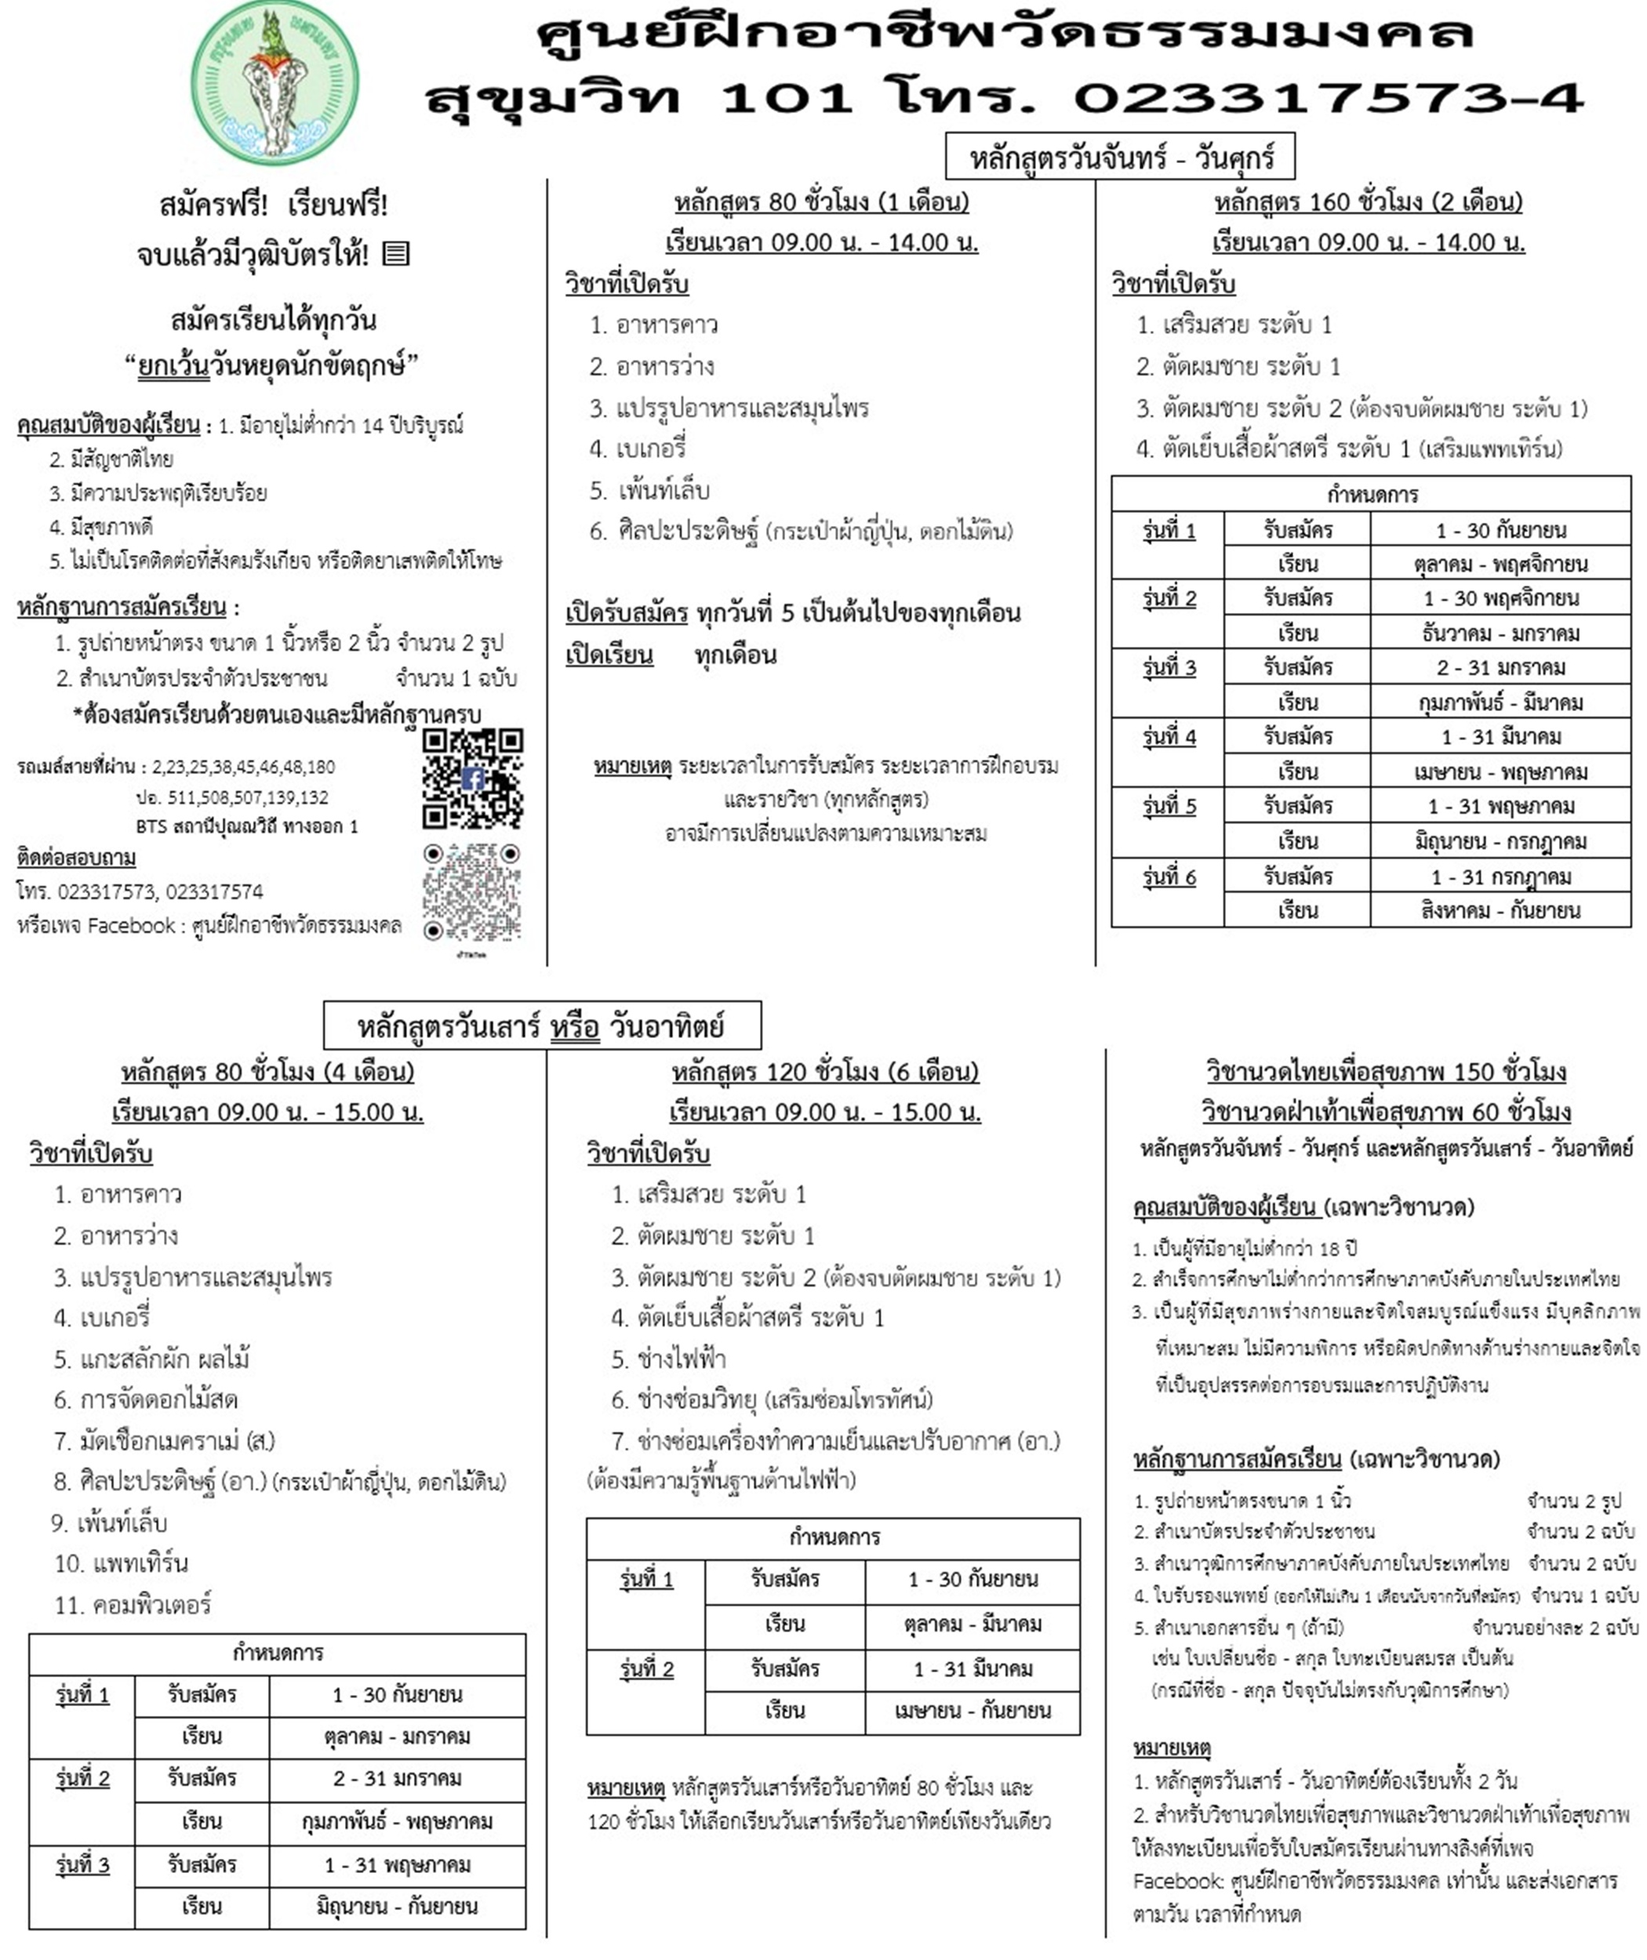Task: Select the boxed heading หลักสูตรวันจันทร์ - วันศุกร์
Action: [1121, 158]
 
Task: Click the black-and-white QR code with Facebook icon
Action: [472, 780]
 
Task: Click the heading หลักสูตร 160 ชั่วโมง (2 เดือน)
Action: [1368, 201]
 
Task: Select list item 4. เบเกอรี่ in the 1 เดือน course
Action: [638, 449]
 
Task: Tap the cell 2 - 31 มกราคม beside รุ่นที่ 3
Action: [1500, 667]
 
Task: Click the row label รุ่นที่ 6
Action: [1169, 877]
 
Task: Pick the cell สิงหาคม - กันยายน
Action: [1500, 911]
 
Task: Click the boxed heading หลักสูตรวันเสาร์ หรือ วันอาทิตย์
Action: [541, 1027]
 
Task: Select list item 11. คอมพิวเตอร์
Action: [133, 1604]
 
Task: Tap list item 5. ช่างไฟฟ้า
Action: [668, 1359]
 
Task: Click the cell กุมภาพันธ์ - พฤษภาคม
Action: [397, 1821]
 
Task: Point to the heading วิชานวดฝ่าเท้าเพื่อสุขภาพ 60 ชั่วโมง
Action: [1386, 1112]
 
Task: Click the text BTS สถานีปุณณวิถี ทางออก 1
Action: [246, 827]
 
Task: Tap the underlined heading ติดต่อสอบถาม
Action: [77, 858]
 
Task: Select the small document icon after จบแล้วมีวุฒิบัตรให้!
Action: [397, 254]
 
